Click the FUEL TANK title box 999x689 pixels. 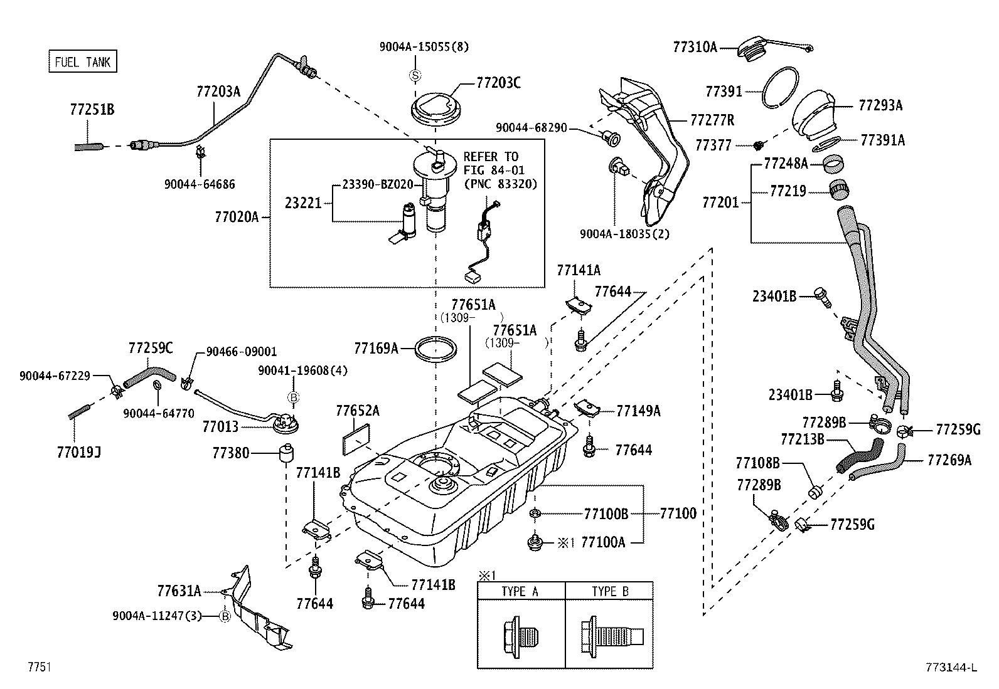[83, 61]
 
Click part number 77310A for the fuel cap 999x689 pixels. [695, 46]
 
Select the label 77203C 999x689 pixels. [498, 83]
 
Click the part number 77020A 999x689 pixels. [237, 217]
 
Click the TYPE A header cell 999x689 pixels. [520, 591]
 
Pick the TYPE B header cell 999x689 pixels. [610, 591]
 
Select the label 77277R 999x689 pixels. [712, 120]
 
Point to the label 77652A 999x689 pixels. [358, 411]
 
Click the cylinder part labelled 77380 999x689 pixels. [287, 452]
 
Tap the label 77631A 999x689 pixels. [179, 591]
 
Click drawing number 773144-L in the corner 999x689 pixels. [950, 667]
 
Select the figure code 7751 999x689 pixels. [38, 667]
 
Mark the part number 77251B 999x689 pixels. [92, 110]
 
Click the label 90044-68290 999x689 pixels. [532, 128]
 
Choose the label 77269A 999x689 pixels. [949, 460]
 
